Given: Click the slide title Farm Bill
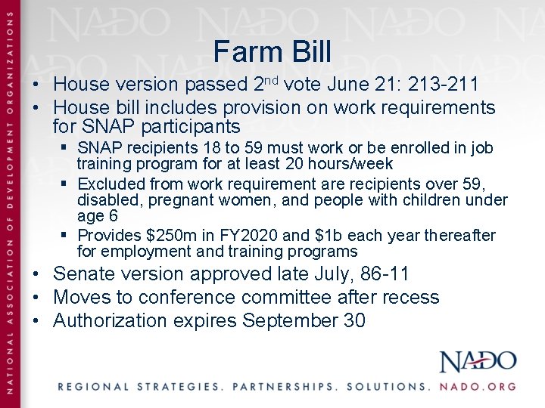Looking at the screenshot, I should (272, 52).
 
